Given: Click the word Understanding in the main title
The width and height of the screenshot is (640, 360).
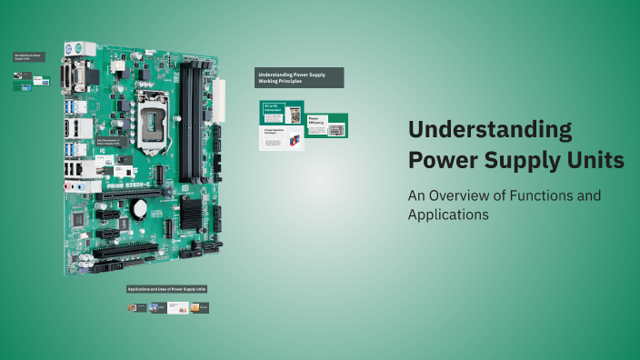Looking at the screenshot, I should [490, 129].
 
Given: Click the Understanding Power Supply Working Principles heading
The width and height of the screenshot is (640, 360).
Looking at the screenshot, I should [299, 77].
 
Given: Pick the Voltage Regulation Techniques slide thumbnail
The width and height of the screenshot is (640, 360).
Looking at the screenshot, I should [282, 137].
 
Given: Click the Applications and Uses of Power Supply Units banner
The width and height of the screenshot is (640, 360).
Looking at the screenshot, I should [167, 289].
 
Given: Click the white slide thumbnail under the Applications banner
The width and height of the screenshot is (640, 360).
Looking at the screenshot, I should [178, 308].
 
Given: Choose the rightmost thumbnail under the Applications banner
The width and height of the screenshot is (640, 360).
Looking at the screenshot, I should [200, 308].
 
